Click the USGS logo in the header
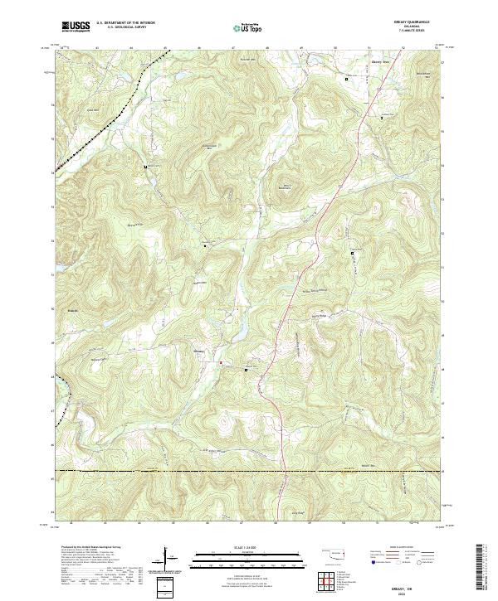click(76, 27)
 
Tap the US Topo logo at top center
click(248, 27)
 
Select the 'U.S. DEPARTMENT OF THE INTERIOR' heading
click(125, 23)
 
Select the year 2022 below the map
click(249, 591)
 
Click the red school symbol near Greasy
click(220, 362)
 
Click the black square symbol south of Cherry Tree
click(347, 78)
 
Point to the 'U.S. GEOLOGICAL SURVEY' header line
click(125, 27)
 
